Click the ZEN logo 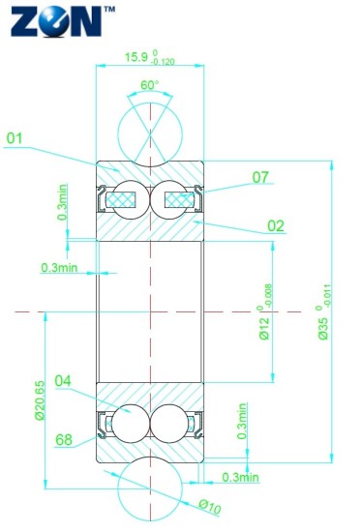coord(56,20)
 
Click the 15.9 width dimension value coord(136,57)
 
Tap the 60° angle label coord(150,85)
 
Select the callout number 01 coord(15,138)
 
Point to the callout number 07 coord(260,177)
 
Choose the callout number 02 coord(276,226)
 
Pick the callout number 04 coord(63,381)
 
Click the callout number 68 coord(64,440)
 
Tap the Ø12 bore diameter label coord(264,329)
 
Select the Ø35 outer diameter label coord(323,329)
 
